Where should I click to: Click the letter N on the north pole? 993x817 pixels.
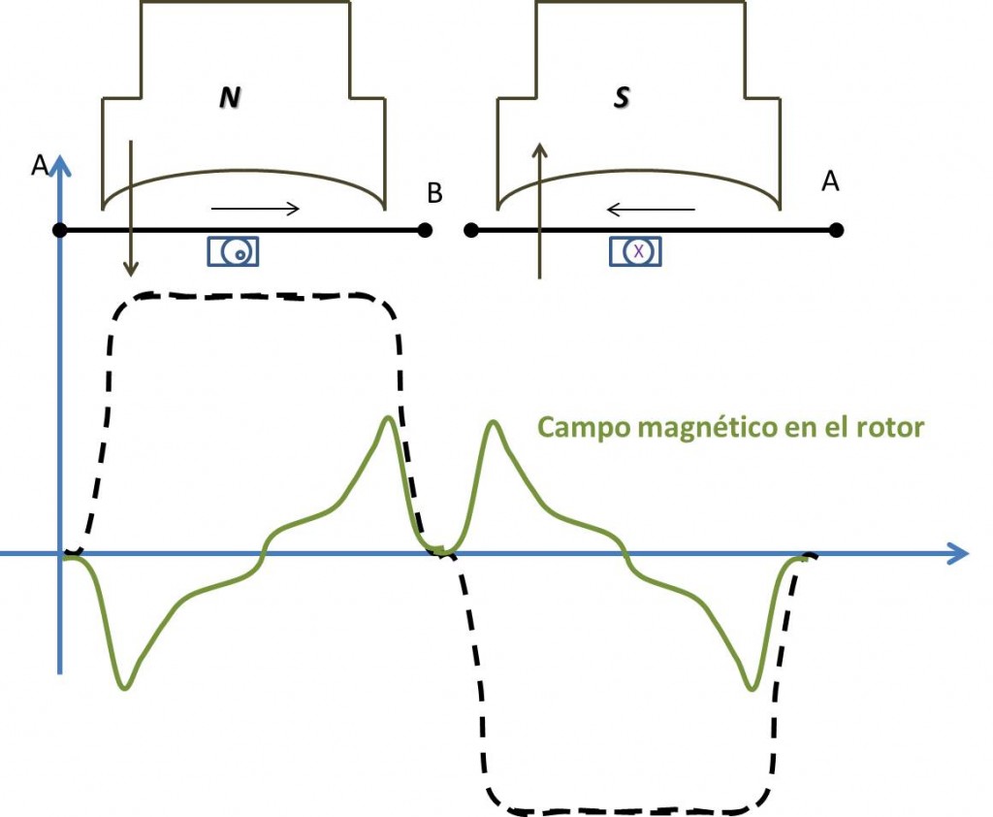tap(230, 97)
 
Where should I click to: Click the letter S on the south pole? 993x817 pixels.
tap(622, 97)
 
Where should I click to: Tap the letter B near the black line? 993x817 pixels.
tap(434, 193)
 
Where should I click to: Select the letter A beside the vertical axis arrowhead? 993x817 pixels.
tap(39, 165)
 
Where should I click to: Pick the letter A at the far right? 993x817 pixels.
tap(830, 181)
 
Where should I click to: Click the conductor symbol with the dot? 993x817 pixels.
tap(233, 251)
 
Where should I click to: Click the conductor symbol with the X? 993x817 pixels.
tap(635, 251)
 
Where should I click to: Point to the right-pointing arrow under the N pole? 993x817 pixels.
tap(255, 209)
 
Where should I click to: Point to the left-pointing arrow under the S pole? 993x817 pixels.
tap(651, 209)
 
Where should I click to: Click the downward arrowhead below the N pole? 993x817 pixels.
tap(131, 269)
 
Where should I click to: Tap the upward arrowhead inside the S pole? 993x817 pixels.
tap(539, 150)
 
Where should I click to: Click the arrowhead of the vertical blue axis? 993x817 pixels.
tap(60, 165)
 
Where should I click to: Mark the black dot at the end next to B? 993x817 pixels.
tap(425, 230)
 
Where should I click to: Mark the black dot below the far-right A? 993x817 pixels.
tap(836, 230)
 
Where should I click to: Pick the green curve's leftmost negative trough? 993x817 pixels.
tap(125, 688)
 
